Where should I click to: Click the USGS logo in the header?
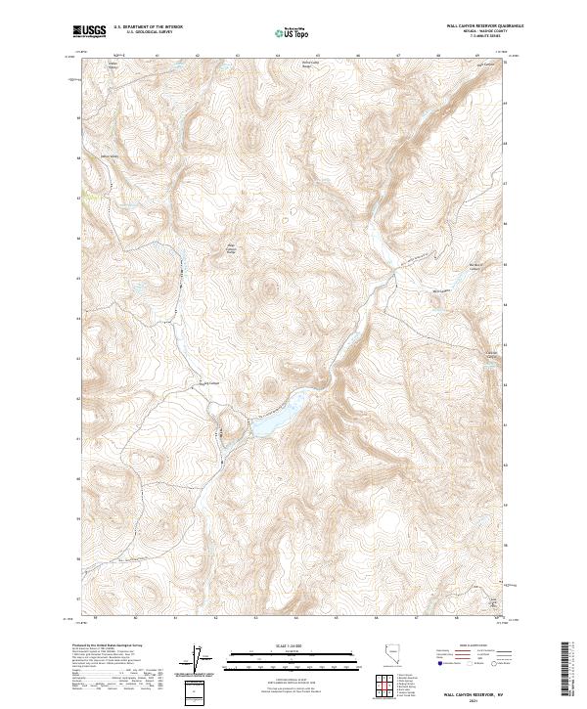click(x=90, y=32)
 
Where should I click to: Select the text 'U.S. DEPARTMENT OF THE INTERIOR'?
click(x=148, y=28)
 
